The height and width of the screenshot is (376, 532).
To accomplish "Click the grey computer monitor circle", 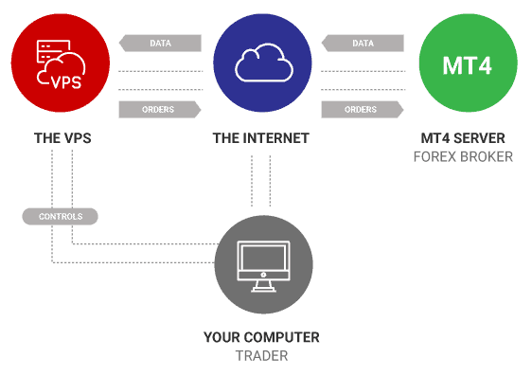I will [262, 268].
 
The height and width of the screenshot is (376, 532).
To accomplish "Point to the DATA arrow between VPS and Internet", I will [160, 43].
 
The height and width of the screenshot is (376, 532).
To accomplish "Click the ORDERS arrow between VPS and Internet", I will [160, 109].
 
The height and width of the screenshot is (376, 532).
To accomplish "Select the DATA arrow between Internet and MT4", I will [364, 43].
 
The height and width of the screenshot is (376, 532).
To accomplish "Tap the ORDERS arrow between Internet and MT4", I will [364, 109].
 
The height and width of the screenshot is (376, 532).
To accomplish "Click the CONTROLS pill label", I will [60, 217].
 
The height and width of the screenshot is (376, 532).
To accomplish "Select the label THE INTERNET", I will [261, 138].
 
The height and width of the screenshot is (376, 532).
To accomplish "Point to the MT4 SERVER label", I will [464, 138].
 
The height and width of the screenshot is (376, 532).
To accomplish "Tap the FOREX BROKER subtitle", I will [464, 155].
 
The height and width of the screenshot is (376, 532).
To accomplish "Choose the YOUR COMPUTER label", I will [261, 337].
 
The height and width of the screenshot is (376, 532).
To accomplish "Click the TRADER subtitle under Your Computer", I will [261, 355].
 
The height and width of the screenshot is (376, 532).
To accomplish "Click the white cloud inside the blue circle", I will [262, 64].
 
